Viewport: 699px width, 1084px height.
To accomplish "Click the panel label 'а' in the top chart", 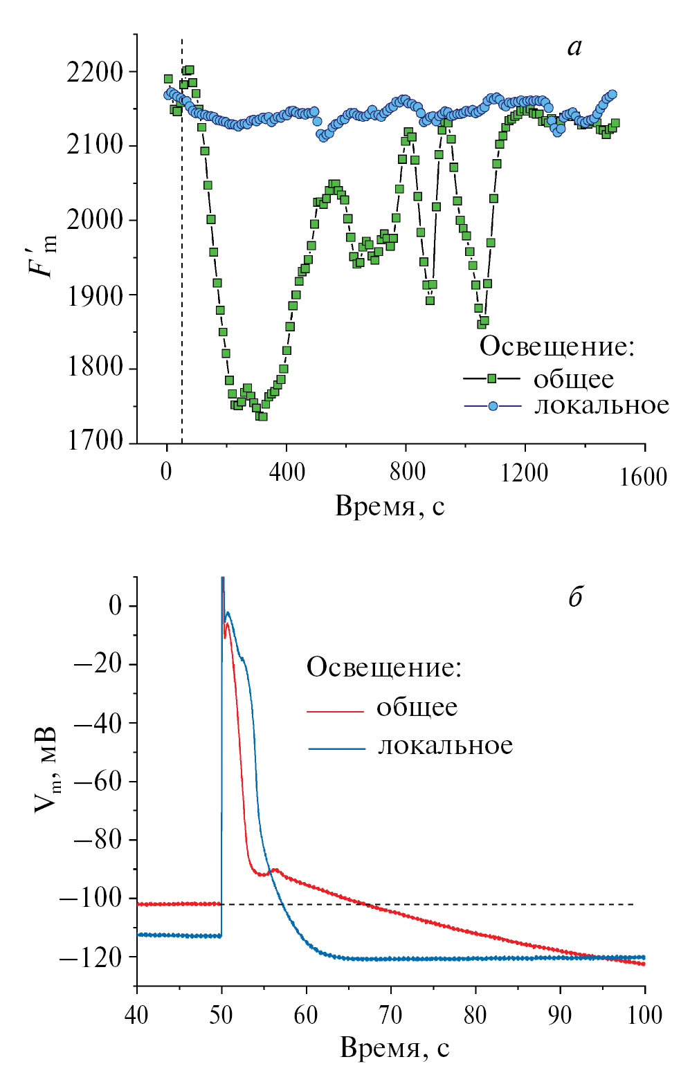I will tap(574, 47).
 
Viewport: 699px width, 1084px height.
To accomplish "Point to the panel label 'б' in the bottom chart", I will tap(575, 596).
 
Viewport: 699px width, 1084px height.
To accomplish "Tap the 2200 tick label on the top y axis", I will tap(95, 72).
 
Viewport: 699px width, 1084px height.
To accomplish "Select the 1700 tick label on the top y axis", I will tap(95, 441).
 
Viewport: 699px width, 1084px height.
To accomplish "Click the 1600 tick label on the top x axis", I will tap(643, 477).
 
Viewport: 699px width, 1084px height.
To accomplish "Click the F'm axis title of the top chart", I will tap(42, 256).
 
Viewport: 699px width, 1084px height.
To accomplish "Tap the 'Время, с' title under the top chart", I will tap(390, 506).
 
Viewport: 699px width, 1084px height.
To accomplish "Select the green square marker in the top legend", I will tap(492, 378).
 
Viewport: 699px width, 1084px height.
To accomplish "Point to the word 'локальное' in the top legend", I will tap(601, 405).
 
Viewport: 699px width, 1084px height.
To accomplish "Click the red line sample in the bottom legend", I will tap(336, 710).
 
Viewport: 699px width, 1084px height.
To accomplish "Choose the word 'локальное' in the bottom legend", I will tap(445, 746).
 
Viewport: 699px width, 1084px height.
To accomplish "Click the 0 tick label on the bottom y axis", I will tap(114, 606).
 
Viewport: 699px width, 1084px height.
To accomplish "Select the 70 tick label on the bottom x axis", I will tap(390, 1015).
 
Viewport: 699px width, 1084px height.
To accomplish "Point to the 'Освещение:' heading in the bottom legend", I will tap(384, 668).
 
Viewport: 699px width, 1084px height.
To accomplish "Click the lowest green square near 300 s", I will tap(262, 416).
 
